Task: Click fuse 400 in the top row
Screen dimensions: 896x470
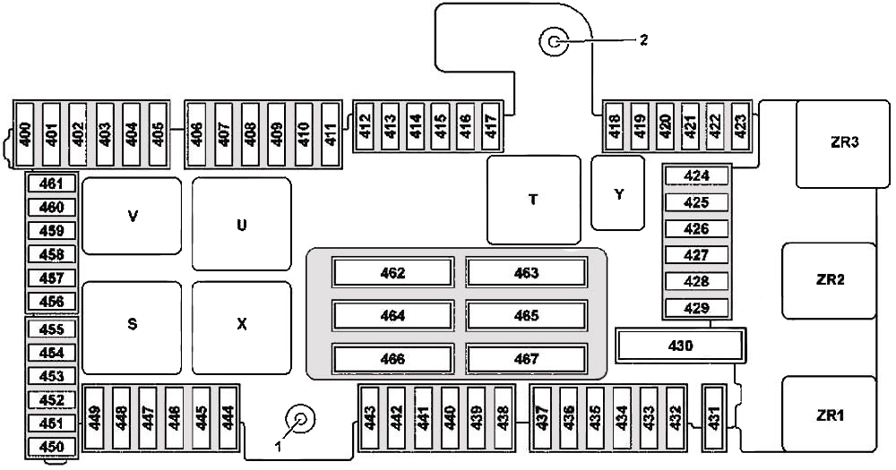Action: [25, 135]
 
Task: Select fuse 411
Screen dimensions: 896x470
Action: [331, 135]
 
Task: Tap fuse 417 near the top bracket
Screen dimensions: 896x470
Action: [490, 127]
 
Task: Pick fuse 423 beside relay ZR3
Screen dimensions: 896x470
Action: [740, 127]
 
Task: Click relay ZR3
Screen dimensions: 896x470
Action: [843, 144]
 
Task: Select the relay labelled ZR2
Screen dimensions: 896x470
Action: [829, 280]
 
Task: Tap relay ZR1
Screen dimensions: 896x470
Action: [829, 414]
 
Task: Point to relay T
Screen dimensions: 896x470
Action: [534, 200]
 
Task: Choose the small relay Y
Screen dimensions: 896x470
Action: [617, 193]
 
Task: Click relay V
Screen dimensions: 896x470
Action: [132, 216]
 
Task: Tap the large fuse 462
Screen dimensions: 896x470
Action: [393, 272]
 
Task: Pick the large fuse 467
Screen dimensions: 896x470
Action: [526, 359]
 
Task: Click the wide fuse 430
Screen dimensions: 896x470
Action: [681, 346]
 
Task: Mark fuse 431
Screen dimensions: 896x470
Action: [714, 419]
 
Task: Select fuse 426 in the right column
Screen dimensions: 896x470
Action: [696, 229]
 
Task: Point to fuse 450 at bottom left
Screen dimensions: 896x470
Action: [52, 447]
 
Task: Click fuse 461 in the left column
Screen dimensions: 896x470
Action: [52, 184]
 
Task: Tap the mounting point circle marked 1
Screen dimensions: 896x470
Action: [300, 420]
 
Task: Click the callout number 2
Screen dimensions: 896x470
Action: [643, 40]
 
